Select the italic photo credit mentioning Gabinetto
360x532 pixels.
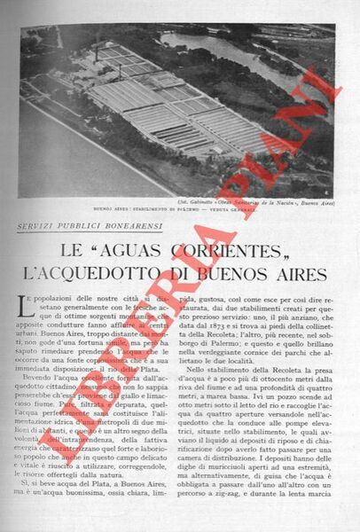265,202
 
